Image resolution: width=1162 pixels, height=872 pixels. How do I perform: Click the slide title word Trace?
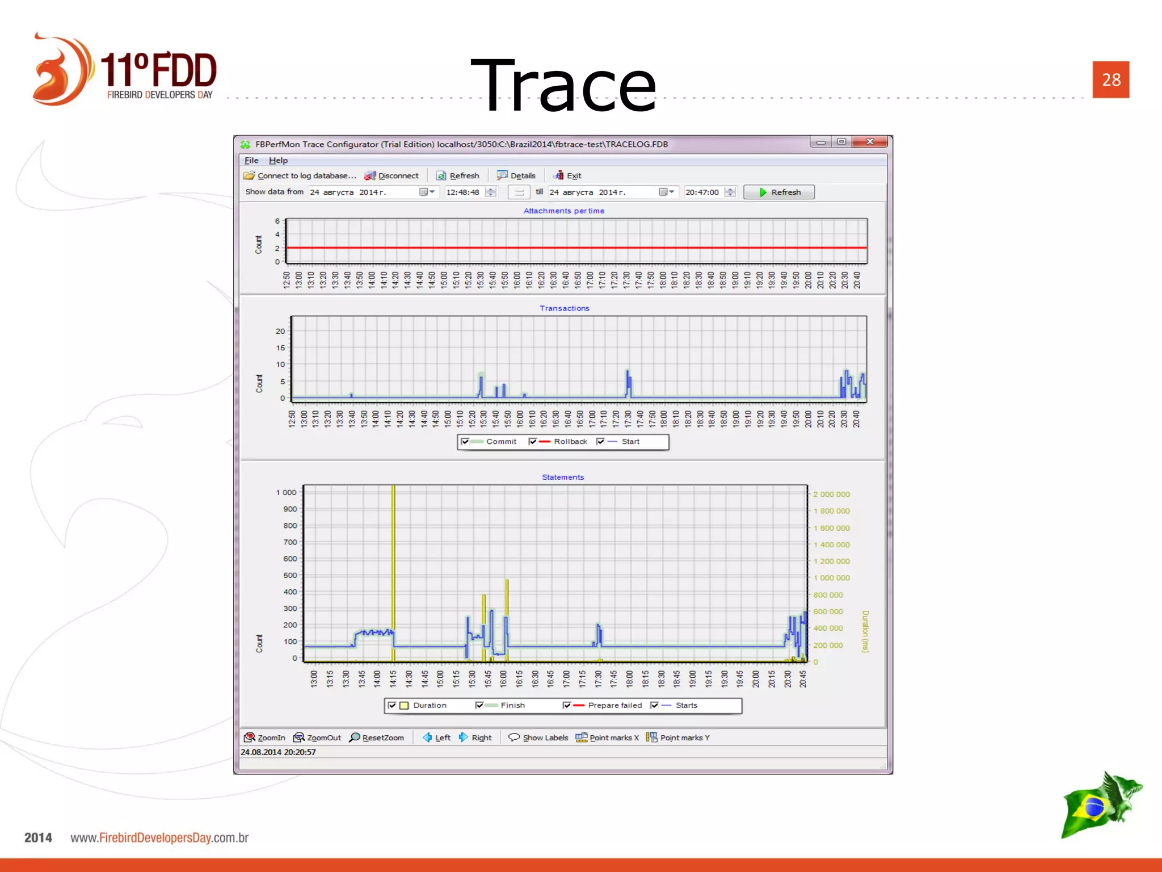pyautogui.click(x=563, y=86)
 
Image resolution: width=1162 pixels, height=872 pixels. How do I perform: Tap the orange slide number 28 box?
pyautogui.click(x=1110, y=79)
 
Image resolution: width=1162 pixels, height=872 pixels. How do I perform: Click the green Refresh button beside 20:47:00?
pyautogui.click(x=779, y=192)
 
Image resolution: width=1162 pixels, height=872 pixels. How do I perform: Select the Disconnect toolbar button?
pyautogui.click(x=391, y=176)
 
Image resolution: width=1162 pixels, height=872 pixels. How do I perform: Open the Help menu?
pyautogui.click(x=278, y=161)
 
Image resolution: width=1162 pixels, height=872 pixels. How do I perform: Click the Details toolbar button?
pyautogui.click(x=516, y=176)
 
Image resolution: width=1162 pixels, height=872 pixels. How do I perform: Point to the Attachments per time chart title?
pyautogui.click(x=563, y=211)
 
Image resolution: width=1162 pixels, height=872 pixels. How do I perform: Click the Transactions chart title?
pyautogui.click(x=564, y=308)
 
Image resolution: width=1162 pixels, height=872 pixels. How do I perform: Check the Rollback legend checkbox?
pyautogui.click(x=532, y=442)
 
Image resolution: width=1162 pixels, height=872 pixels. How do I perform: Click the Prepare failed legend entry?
pyautogui.click(x=614, y=706)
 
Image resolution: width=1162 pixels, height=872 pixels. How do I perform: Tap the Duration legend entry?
pyautogui.click(x=430, y=706)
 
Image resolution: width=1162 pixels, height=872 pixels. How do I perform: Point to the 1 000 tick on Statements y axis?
pyautogui.click(x=286, y=493)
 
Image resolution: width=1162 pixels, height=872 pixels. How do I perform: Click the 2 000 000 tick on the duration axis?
pyautogui.click(x=831, y=494)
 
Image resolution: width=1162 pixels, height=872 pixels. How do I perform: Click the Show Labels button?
pyautogui.click(x=538, y=738)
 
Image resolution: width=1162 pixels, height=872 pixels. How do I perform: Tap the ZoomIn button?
pyautogui.click(x=265, y=738)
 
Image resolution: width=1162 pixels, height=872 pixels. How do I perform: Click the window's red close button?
pyautogui.click(x=870, y=142)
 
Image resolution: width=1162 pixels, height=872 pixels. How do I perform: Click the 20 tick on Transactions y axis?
pyautogui.click(x=280, y=332)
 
